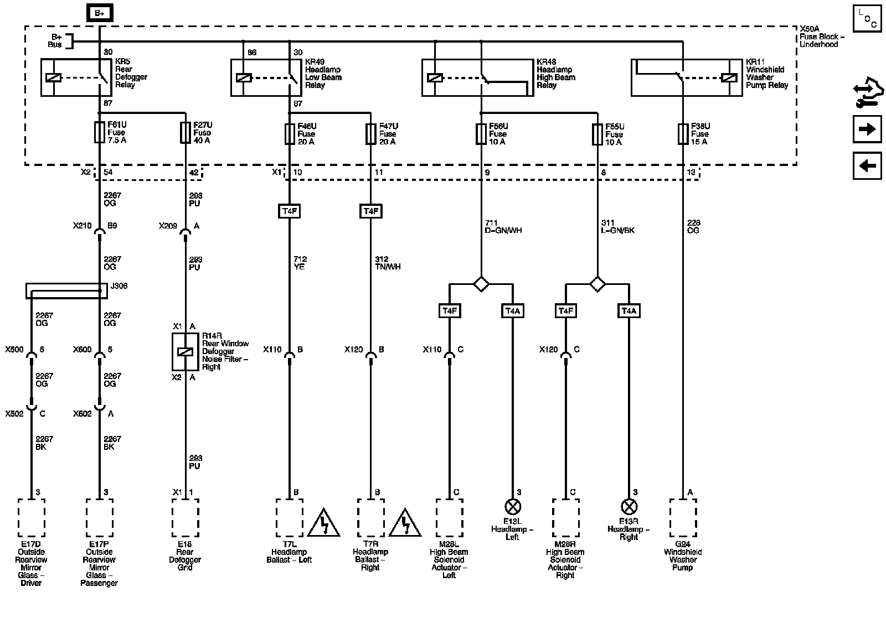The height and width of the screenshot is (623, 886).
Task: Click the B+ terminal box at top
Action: (x=100, y=13)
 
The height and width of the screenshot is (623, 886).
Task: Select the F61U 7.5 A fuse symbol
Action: (x=100, y=132)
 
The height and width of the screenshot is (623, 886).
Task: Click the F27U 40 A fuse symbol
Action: (x=186, y=133)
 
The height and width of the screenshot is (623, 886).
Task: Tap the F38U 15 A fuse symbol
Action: (x=683, y=134)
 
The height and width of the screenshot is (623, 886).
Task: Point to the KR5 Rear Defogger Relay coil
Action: (x=54, y=77)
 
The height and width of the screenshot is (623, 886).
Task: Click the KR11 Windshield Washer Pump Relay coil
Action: (x=729, y=77)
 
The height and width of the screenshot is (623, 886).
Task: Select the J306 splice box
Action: (x=66, y=290)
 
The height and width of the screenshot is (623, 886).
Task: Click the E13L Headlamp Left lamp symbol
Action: (x=512, y=506)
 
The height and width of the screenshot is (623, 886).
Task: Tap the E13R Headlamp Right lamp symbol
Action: (x=629, y=506)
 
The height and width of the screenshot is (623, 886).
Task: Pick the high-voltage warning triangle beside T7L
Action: (x=324, y=523)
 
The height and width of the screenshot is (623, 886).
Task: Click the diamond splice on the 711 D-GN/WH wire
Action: (x=481, y=284)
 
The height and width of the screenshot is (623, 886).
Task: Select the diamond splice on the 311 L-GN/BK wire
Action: (x=597, y=284)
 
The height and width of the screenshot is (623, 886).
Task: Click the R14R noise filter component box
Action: (x=186, y=351)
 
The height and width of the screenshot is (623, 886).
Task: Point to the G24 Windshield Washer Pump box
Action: (x=683, y=518)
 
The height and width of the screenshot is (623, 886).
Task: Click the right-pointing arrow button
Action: (x=867, y=129)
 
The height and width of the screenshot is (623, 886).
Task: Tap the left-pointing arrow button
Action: (x=867, y=165)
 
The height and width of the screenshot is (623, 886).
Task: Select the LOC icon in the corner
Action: (x=867, y=18)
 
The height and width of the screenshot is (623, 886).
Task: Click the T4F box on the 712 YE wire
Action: (x=289, y=211)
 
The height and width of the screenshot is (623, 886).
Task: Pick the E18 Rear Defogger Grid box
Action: (x=186, y=518)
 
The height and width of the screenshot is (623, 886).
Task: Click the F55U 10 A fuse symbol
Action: (x=597, y=134)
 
